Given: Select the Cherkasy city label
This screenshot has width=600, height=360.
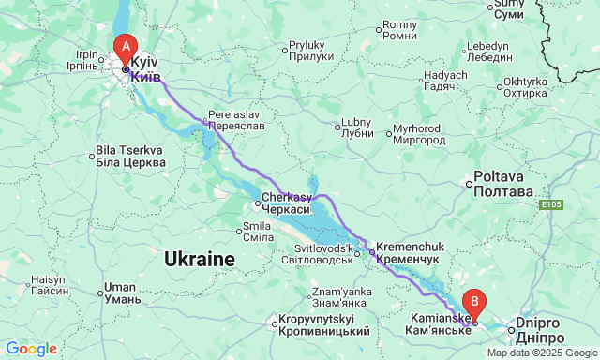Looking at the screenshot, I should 285,203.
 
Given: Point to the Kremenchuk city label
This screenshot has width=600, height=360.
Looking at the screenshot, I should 408,248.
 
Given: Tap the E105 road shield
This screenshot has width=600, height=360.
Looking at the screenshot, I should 551,203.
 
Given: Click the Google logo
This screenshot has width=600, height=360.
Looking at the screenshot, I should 30,349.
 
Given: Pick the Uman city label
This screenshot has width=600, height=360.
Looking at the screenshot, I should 122,293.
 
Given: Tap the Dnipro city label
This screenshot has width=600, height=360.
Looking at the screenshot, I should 547,329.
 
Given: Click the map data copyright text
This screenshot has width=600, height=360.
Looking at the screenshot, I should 540,352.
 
